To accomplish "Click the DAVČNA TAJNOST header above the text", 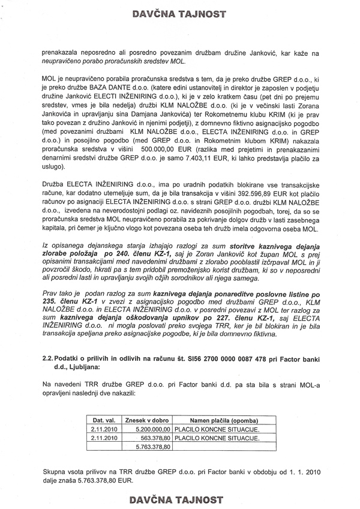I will (179, 9).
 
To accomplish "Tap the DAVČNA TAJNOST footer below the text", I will (179, 499).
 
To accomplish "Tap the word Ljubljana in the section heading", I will (76, 384).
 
